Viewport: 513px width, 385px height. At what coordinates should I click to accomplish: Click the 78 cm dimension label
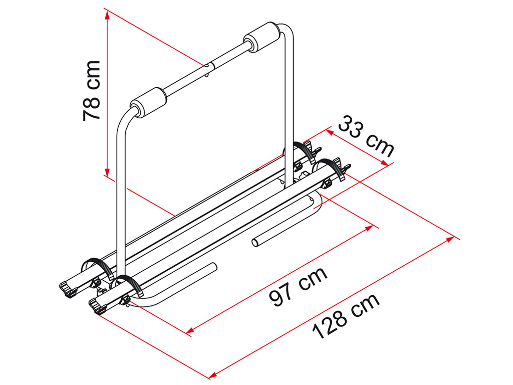click(92, 91)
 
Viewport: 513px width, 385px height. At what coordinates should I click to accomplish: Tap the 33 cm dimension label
click(366, 136)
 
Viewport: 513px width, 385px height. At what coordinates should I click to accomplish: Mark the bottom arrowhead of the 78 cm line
click(107, 172)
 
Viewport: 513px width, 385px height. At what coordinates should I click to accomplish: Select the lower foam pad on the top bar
click(148, 102)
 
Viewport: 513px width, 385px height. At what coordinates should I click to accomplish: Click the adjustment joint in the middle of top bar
click(209, 67)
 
